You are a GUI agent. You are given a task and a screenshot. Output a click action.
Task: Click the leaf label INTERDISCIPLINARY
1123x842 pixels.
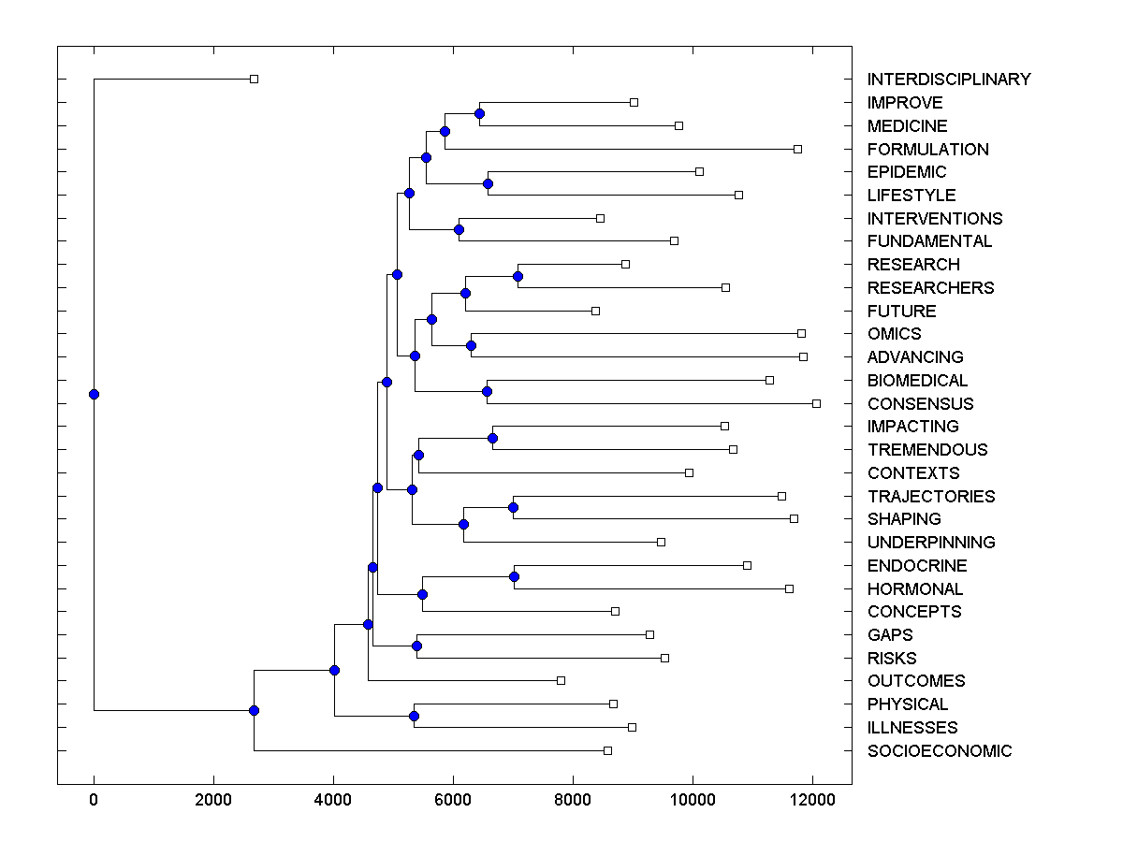[x=948, y=80]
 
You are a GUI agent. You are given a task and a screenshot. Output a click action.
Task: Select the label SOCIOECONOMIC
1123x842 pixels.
[x=939, y=751]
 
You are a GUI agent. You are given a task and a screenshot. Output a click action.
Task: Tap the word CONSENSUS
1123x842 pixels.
[x=920, y=404]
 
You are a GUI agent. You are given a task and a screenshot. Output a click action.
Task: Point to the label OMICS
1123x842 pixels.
[x=894, y=334]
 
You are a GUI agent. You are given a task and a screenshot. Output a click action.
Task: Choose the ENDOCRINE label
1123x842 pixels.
[x=916, y=566]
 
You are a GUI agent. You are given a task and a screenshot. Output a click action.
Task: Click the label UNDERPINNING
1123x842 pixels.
[x=930, y=543]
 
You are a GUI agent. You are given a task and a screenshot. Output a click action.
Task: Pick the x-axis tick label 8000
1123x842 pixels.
[x=573, y=798]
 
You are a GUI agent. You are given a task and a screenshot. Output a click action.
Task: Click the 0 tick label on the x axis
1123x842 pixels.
[x=94, y=798]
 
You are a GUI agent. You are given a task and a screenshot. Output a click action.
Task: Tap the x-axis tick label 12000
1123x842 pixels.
[x=812, y=798]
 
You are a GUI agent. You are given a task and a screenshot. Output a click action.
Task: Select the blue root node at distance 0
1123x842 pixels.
[x=94, y=394]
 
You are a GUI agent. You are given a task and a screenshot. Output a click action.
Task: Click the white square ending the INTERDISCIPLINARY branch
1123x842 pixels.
[x=254, y=79]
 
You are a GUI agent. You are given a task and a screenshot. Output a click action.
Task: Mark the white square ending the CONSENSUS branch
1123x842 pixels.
[x=816, y=403]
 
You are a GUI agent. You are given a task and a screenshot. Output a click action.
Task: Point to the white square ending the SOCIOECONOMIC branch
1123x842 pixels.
[x=607, y=750]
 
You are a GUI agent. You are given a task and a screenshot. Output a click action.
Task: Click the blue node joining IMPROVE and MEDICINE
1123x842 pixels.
[x=479, y=113]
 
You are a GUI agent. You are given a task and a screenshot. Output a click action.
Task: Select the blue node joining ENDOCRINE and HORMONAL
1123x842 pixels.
[x=514, y=576]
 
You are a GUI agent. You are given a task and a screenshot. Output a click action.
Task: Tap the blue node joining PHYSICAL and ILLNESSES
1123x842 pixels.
[x=414, y=716]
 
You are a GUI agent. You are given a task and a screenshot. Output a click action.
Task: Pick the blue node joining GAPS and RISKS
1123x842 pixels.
[x=416, y=646]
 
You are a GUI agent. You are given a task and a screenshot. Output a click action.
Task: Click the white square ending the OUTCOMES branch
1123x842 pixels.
[x=561, y=680]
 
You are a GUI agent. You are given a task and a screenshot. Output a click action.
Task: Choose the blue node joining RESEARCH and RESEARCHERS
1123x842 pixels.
[x=518, y=276]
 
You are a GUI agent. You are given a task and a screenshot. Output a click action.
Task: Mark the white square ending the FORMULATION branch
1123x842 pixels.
[x=797, y=149]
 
